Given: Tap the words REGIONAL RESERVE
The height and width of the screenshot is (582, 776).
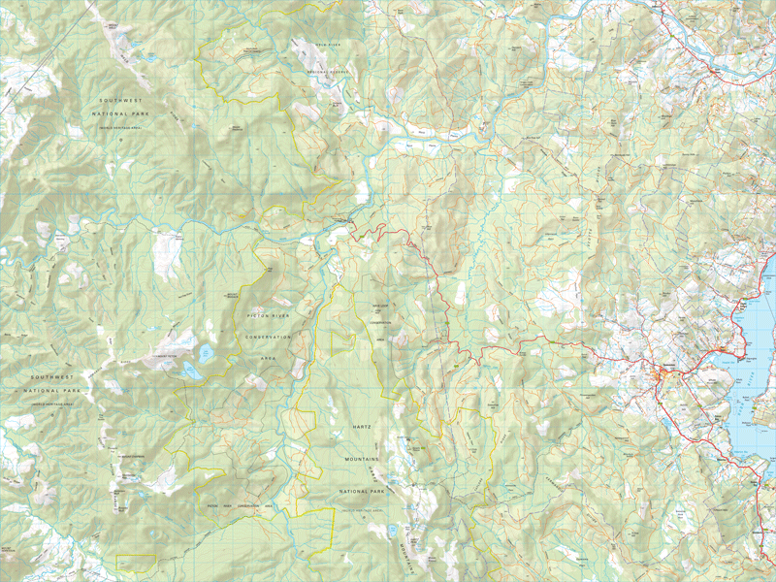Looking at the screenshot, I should coord(327,71).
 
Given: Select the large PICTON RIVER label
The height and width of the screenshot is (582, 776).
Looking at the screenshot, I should coord(269,316).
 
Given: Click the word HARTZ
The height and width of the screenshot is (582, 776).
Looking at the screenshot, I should coord(355,426).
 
